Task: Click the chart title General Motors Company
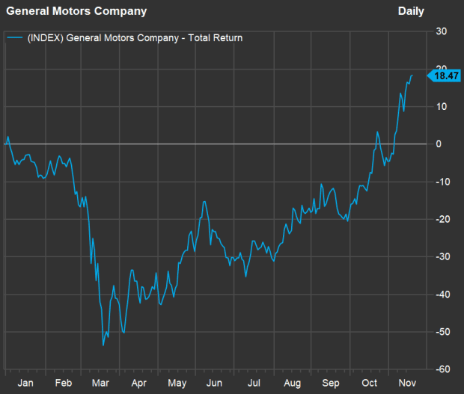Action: coord(76,11)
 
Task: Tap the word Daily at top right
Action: coord(411,11)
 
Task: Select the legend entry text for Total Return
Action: coord(135,37)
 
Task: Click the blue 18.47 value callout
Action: coord(446,76)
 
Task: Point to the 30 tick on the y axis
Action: coord(442,31)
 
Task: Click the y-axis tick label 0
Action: coord(442,144)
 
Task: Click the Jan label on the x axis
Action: coord(25,383)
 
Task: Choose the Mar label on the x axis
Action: coord(100,383)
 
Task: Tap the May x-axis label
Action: coord(177,383)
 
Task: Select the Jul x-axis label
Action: coord(254,383)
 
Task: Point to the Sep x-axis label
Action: coord(330,383)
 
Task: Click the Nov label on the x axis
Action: coord(406,383)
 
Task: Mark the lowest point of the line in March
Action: coord(103,345)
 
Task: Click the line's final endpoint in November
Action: coord(412,75)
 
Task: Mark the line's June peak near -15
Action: coord(204,201)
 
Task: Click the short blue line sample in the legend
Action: coord(15,37)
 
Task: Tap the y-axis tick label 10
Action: coord(442,106)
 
